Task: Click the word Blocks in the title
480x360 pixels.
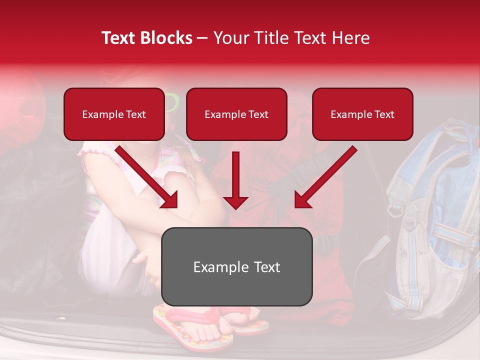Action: click(x=166, y=38)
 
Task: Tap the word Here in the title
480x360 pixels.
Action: click(x=351, y=38)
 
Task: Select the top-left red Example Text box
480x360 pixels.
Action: click(x=114, y=114)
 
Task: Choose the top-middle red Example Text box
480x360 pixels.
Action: click(x=236, y=114)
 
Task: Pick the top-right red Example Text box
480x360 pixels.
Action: click(x=362, y=114)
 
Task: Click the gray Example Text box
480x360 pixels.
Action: click(x=237, y=266)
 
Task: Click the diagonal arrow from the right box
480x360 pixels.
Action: click(x=325, y=177)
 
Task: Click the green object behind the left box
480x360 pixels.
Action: click(x=171, y=102)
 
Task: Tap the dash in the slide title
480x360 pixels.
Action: click(x=203, y=38)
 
